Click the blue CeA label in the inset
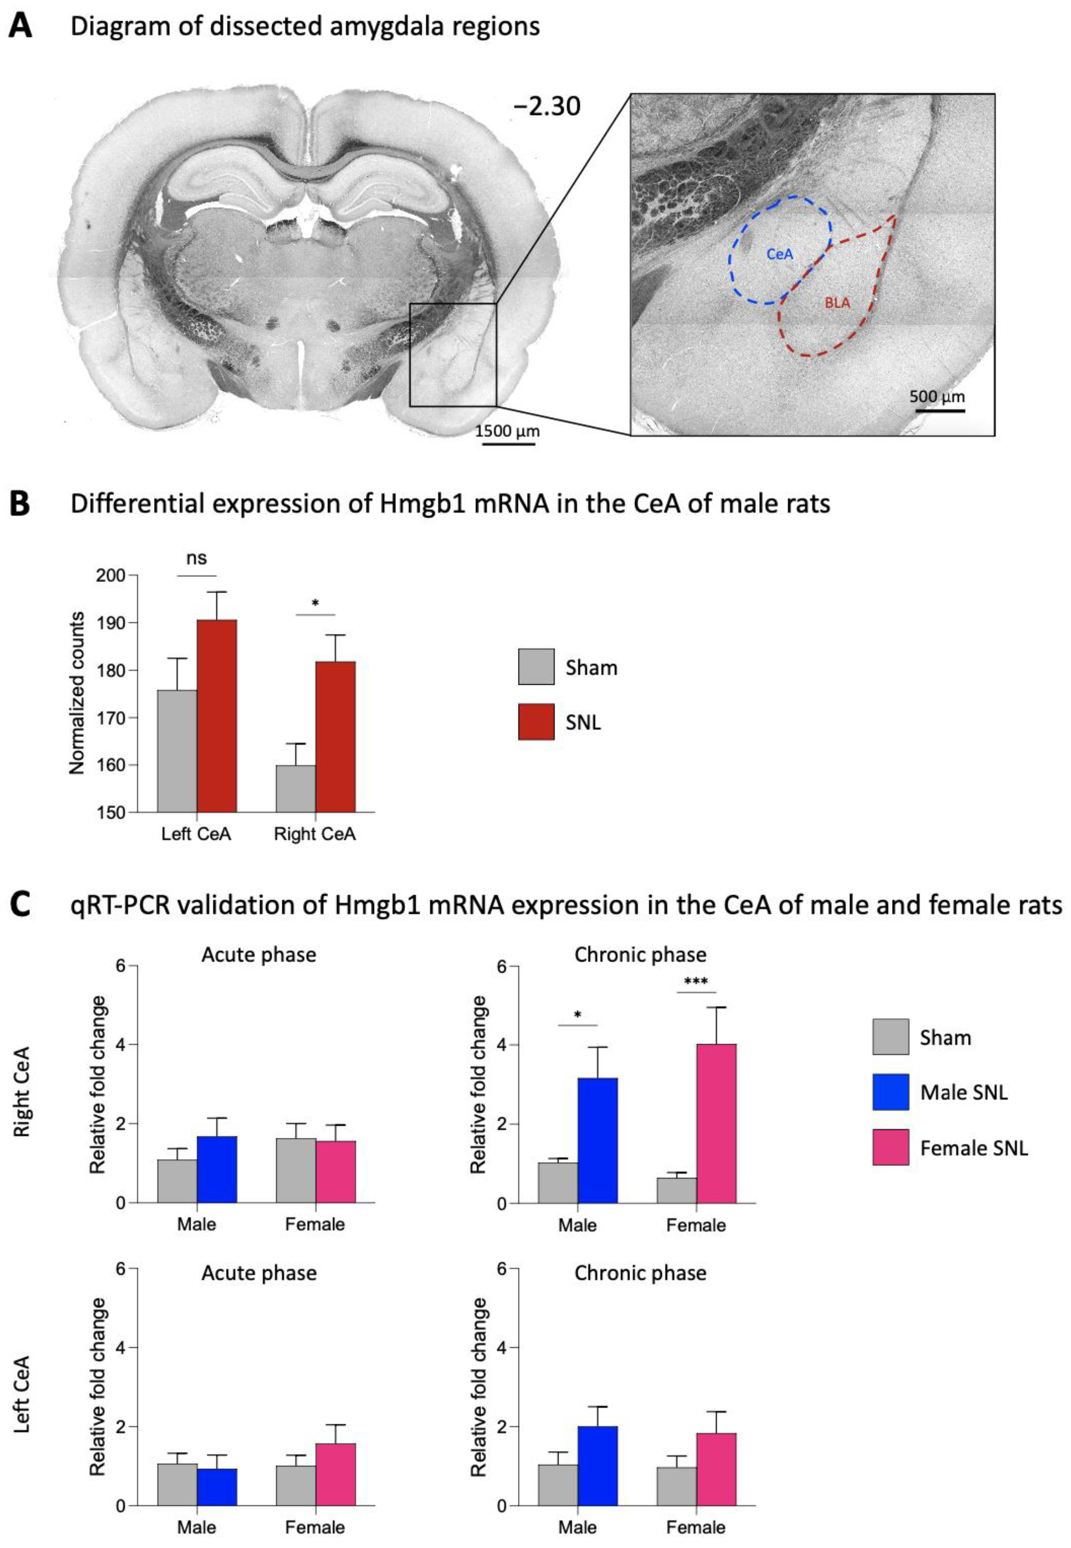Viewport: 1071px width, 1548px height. tap(780, 254)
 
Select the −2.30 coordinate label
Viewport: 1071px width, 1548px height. tap(547, 106)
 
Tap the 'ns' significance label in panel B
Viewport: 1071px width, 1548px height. tap(196, 558)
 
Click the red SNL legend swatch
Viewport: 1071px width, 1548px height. tap(536, 722)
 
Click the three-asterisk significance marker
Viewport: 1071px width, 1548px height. tap(696, 981)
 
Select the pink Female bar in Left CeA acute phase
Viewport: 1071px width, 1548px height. tap(335, 1474)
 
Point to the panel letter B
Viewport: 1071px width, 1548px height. tap(20, 503)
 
